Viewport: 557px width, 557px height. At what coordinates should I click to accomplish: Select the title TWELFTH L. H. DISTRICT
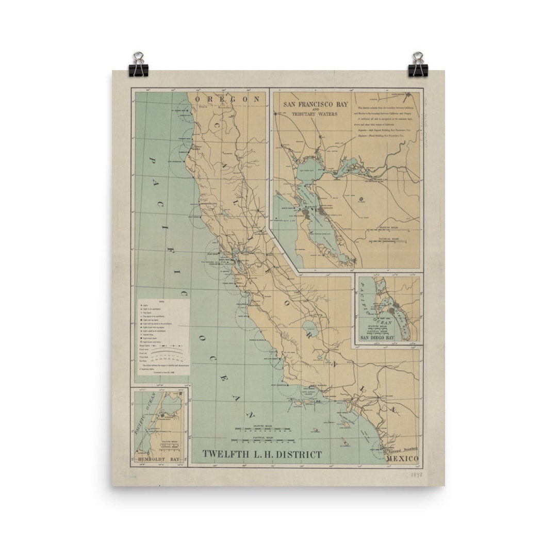tap(262, 454)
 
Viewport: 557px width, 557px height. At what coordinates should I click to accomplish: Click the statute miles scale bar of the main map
tap(263, 429)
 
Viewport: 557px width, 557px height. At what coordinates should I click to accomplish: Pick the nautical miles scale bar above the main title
tap(263, 440)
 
